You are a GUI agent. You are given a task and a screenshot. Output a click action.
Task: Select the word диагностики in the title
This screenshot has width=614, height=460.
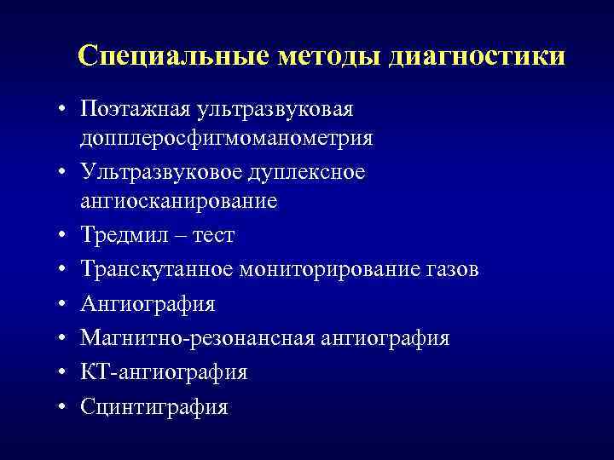476,56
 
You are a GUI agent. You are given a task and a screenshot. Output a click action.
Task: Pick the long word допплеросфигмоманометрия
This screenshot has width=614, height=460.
227,137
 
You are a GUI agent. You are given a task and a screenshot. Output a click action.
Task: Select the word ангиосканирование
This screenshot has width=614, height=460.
179,201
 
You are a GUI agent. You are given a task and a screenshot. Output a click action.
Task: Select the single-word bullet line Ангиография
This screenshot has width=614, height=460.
148,304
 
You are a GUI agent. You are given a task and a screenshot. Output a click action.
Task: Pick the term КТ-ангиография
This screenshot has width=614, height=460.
165,372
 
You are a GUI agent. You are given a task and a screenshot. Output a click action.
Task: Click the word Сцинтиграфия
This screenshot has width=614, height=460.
153,407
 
